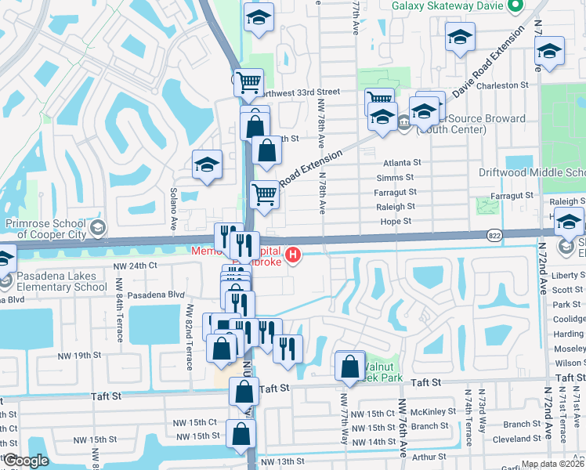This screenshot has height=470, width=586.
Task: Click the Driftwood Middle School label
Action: click(532, 172)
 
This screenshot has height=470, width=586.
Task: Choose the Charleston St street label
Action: click(502, 85)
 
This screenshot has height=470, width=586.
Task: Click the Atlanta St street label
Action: click(402, 163)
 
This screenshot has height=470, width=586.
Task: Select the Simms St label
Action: click(400, 178)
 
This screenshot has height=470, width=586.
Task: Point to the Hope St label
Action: click(396, 222)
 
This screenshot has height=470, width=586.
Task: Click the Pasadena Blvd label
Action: click(149, 295)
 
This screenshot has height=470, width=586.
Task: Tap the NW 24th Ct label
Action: click(136, 266)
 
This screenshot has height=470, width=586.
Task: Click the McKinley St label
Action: click(428, 412)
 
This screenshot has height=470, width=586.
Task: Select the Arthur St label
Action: click(429, 456)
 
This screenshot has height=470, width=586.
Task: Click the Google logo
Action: click(26, 461)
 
